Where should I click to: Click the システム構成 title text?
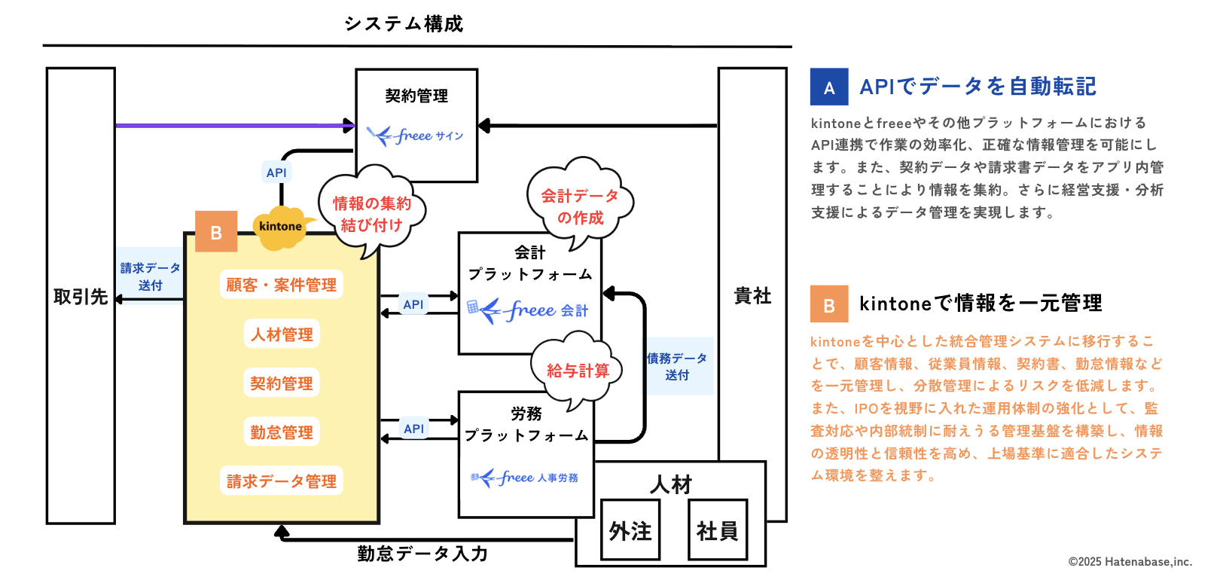coord(404,24)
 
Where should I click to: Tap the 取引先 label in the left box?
coord(80,297)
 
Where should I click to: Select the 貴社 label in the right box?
coord(752,296)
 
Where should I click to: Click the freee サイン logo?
coord(415,136)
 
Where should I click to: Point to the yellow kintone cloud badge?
coord(280,227)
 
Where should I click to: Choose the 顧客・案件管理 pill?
coord(281,285)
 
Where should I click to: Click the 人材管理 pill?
coord(282,334)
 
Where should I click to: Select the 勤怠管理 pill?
coord(282,432)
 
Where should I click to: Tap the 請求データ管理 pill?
coord(281,481)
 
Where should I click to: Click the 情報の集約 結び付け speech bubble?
coord(371,214)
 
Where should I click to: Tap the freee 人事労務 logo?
coord(525,478)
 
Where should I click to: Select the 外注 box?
coord(630,531)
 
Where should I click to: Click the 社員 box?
coord(718,531)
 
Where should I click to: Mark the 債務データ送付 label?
coord(677,367)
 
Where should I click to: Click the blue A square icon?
coord(828,87)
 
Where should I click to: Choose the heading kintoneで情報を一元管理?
coord(981,304)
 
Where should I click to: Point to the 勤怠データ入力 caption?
coord(422,554)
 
